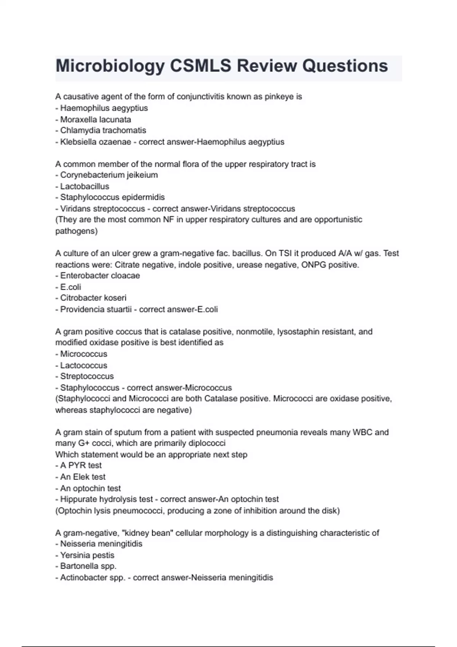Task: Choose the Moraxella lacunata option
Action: [x=96, y=120]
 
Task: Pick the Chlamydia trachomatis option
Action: [x=103, y=131]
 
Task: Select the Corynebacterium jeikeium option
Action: [x=109, y=175]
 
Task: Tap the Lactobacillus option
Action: [x=85, y=186]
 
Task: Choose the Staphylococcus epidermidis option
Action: [x=112, y=198]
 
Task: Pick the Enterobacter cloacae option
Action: [x=100, y=276]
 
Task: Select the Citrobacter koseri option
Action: [x=93, y=298]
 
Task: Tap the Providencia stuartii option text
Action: [x=96, y=309]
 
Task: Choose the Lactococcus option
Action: [x=83, y=365]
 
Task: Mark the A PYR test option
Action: [x=81, y=465]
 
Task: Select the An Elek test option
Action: [x=83, y=477]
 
